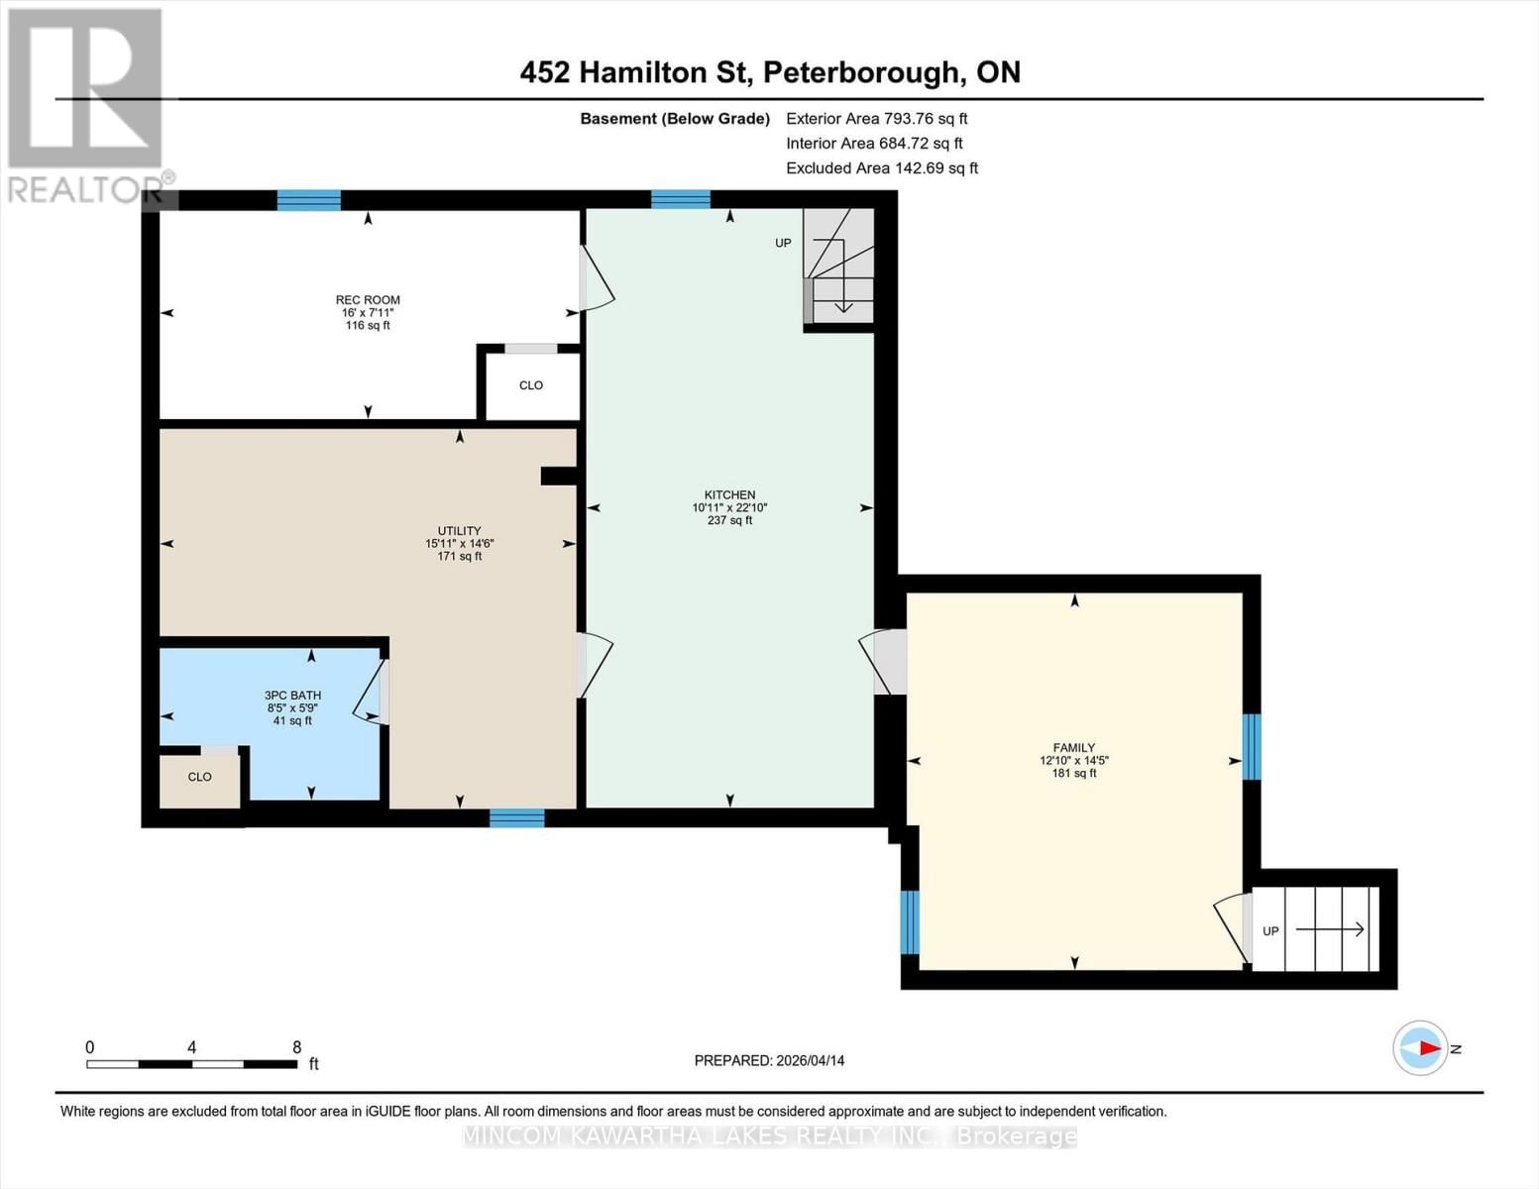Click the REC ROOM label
pos(368,300)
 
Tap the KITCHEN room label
pos(729,494)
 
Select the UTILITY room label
pos(459,531)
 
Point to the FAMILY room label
pos(1074,748)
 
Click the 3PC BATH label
pos(292,696)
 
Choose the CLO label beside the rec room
pos(531,385)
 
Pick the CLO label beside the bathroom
pos(200,777)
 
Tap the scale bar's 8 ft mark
pos(296,1047)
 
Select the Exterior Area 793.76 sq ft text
pos(876,118)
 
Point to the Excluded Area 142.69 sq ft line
pos(881,168)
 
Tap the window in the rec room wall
pos(308,200)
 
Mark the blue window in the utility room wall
pos(516,818)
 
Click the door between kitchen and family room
pos(888,662)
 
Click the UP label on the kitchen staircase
pos(783,243)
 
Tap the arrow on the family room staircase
pos(1330,929)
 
